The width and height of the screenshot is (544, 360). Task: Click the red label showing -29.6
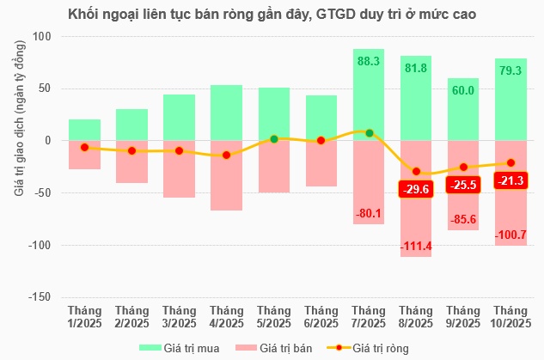416,189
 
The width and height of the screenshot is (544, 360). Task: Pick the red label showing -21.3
510,180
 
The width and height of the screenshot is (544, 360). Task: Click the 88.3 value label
369,61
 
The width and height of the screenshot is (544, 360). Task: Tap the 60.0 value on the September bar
463,90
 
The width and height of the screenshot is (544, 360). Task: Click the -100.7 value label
510,235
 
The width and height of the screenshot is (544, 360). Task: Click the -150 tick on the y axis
39,297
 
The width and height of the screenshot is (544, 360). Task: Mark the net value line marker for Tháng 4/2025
226,155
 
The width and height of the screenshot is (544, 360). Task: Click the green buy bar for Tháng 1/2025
84,130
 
